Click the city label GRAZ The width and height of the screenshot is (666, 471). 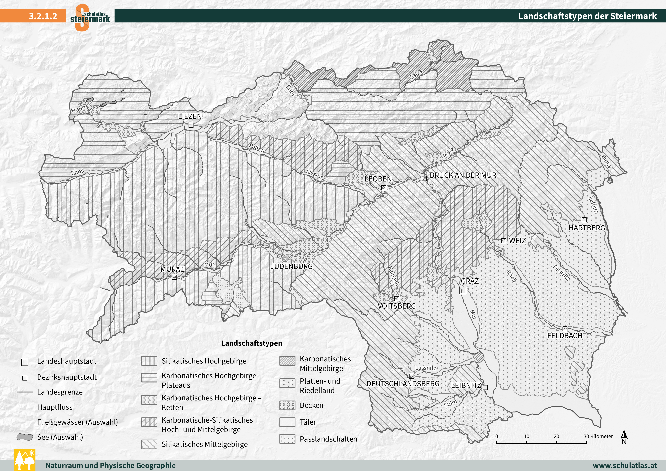tap(470, 281)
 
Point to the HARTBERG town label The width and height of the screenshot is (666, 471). tap(587, 228)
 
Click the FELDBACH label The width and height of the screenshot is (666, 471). tap(564, 336)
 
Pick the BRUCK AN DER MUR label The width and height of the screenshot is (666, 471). tap(463, 175)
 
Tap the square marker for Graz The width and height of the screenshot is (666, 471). tap(463, 290)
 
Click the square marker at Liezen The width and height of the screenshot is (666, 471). tap(191, 125)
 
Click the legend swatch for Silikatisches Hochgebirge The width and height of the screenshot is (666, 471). tap(149, 361)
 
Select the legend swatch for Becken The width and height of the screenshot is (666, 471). tap(287, 405)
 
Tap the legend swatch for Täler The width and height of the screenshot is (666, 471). tap(287, 422)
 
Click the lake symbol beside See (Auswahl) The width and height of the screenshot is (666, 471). tap(25, 437)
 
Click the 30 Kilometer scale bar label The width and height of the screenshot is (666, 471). tap(598, 436)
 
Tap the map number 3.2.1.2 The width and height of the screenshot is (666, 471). tap(43, 16)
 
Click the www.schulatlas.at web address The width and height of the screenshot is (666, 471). tap(625, 465)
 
